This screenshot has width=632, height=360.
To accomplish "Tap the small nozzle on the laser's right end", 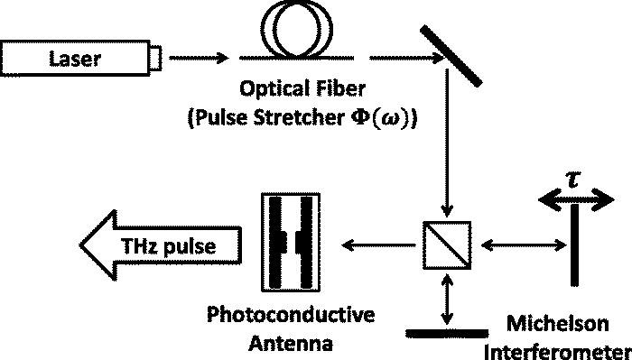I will pyautogui.click(x=155, y=60).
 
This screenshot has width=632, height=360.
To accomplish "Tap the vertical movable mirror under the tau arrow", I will pyautogui.click(x=573, y=245).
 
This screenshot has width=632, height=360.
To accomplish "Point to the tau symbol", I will pyautogui.click(x=572, y=178).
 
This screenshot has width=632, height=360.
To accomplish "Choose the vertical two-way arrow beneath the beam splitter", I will pyautogui.click(x=444, y=299).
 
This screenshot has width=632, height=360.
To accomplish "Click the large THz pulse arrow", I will pyautogui.click(x=163, y=244).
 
